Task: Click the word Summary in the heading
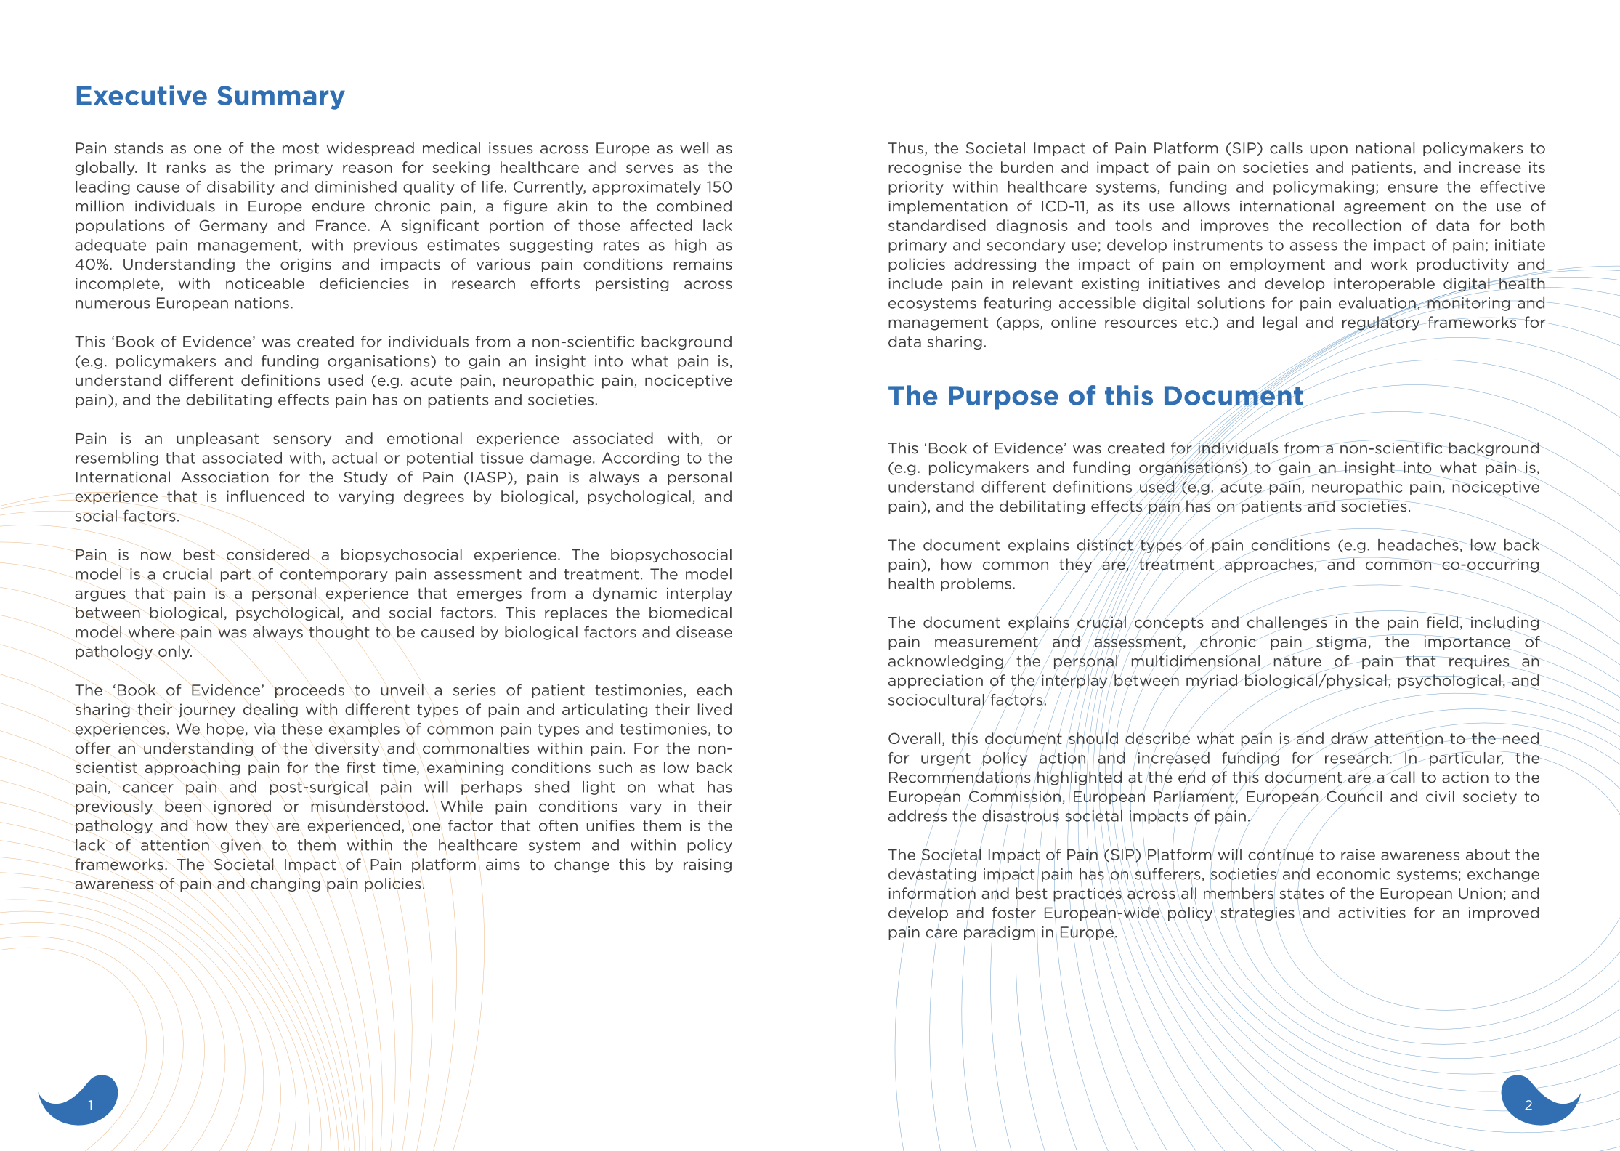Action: tap(280, 96)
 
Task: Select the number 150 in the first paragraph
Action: tap(719, 187)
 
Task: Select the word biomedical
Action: tap(690, 613)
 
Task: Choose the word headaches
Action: tap(1417, 546)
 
